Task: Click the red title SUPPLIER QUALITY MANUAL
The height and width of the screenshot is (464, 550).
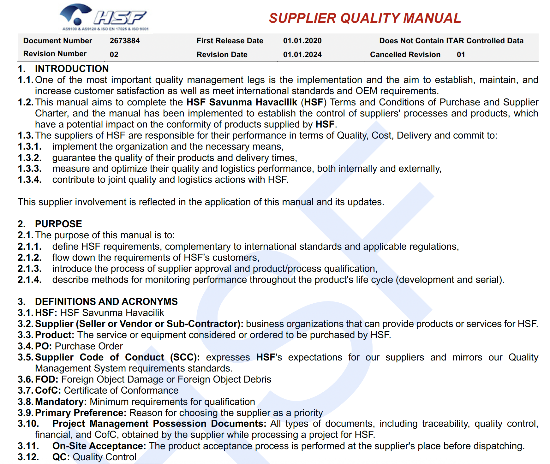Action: (x=365, y=18)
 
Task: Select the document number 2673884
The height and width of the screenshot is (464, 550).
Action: (x=125, y=41)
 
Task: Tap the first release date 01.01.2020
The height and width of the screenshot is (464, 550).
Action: (x=302, y=41)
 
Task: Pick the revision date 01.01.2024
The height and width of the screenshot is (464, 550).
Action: (x=302, y=55)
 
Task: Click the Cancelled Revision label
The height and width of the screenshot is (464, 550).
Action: (x=405, y=55)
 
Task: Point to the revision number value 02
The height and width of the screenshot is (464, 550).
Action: (x=114, y=55)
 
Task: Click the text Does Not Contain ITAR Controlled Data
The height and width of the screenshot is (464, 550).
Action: (x=451, y=41)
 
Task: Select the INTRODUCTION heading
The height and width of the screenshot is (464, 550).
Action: (x=72, y=68)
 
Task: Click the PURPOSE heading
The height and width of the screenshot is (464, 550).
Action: (x=58, y=224)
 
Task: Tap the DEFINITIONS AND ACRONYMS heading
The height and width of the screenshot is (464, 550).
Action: (x=106, y=301)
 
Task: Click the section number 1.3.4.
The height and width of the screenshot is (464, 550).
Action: (x=29, y=180)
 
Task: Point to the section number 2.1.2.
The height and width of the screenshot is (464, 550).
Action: (x=29, y=258)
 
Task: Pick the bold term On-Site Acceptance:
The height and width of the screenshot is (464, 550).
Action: (x=99, y=446)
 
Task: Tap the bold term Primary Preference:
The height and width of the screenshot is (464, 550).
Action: (x=81, y=413)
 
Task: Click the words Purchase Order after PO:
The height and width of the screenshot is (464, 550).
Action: (x=89, y=346)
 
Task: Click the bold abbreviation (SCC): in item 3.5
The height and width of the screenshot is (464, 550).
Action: (x=185, y=357)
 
